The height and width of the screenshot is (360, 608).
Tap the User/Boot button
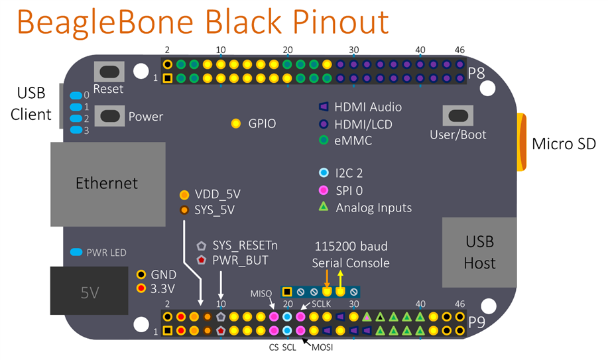(457, 115)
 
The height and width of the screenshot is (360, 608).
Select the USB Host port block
(479, 253)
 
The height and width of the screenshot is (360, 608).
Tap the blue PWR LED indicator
(76, 253)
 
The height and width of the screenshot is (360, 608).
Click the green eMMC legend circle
(324, 140)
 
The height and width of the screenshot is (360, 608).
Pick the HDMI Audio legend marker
(324, 106)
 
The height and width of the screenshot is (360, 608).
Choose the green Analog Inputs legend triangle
(324, 208)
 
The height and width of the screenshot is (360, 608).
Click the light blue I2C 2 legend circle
(324, 173)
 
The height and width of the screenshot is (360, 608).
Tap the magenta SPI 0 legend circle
(324, 190)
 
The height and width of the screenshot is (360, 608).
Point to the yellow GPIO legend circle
(236, 123)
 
